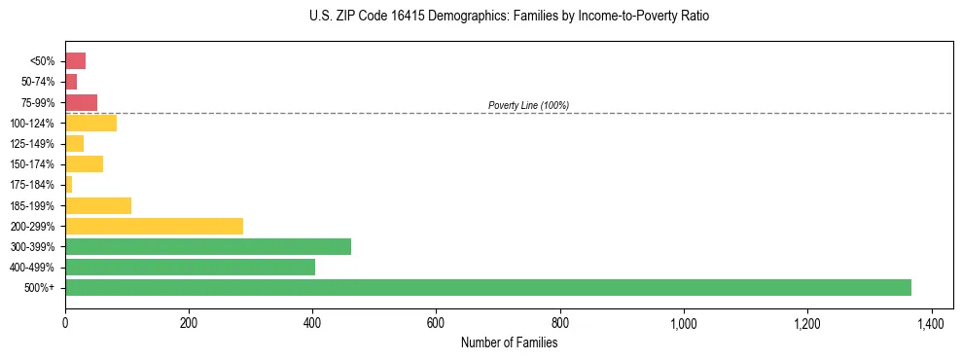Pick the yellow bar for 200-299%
tap(154, 226)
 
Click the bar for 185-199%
tap(98, 205)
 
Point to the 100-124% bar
tap(90, 123)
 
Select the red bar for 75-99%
tap(81, 102)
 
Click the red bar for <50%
tap(75, 61)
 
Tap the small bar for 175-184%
tap(68, 185)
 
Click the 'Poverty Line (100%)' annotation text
tap(528, 105)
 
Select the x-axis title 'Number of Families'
tap(509, 342)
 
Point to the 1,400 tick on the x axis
tap(931, 323)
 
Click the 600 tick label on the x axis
tap(436, 323)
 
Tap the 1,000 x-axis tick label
tap(683, 323)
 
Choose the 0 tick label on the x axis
tap(65, 323)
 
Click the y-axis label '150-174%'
tap(32, 164)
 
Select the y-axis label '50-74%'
tap(37, 82)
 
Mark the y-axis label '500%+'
tap(40, 288)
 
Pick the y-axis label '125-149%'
tap(32, 144)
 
